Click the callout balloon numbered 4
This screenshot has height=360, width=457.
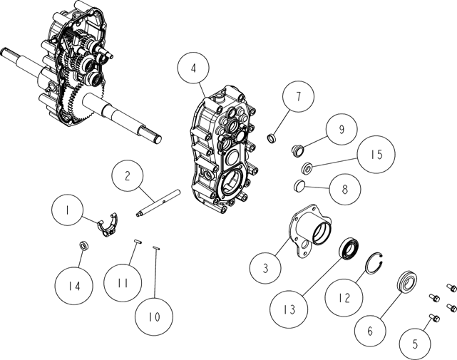coord(193,68)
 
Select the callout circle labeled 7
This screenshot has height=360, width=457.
coord(298,96)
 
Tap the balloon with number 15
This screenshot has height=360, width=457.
coord(376,155)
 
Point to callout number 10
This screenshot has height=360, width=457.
coord(154,317)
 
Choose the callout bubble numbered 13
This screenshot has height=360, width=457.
coord(289,309)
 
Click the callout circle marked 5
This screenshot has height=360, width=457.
coord(415,344)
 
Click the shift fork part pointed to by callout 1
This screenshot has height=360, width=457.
coord(108,224)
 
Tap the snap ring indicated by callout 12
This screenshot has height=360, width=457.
coord(375,263)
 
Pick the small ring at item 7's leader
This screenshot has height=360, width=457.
coord(272,138)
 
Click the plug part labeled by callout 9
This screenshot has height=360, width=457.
coord(298,150)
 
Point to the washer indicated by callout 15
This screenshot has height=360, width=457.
coord(307,168)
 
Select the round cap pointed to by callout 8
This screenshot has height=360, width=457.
coord(299,185)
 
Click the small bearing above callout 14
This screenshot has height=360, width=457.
coord(85,245)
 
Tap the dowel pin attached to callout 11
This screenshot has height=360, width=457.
coord(138,242)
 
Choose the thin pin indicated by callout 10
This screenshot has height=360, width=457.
coord(156,248)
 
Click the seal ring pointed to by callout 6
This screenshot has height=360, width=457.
coord(408,282)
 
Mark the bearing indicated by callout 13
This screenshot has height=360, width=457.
coord(349,248)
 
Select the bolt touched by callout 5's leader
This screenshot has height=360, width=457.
coord(434,318)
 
